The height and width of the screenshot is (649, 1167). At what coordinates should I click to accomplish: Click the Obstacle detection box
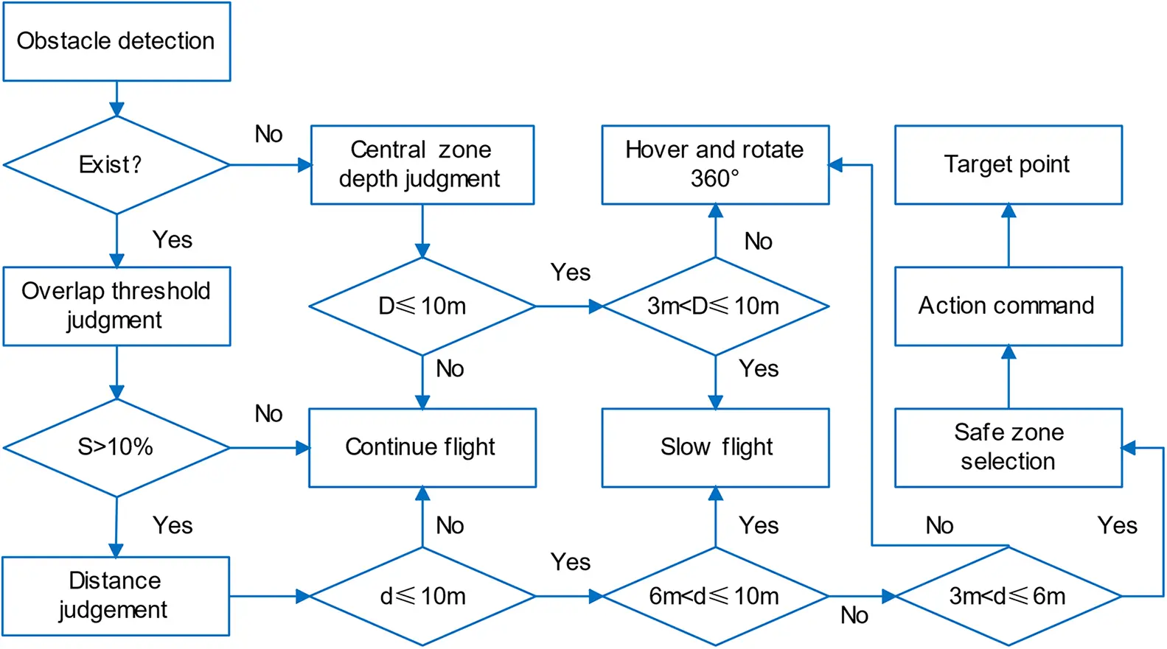(116, 41)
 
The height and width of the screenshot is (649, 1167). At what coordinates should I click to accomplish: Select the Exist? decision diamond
(116, 165)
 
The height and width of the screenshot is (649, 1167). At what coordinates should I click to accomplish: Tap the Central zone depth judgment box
(422, 164)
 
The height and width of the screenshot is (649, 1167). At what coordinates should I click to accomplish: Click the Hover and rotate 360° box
(714, 164)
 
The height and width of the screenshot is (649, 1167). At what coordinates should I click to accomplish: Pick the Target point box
(1008, 164)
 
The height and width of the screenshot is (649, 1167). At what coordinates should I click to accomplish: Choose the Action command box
(1008, 306)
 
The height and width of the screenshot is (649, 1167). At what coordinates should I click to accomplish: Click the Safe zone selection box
(1008, 447)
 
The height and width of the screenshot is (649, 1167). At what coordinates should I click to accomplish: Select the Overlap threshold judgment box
(116, 306)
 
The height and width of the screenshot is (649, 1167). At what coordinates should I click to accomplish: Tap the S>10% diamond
(116, 447)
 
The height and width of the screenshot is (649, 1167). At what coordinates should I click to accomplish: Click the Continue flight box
(422, 447)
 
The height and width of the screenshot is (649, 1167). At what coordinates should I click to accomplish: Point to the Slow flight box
(714, 447)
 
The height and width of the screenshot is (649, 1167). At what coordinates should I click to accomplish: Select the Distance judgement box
(116, 595)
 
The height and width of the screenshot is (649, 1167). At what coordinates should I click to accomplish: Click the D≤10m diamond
(422, 306)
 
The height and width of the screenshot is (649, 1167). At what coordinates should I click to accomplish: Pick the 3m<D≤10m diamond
(714, 306)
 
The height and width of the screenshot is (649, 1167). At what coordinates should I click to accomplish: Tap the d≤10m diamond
(422, 596)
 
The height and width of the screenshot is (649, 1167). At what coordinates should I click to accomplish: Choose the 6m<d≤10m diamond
(714, 596)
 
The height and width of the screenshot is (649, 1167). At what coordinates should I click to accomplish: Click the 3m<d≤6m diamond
(1008, 596)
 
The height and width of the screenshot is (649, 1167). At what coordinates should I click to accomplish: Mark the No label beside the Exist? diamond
(268, 134)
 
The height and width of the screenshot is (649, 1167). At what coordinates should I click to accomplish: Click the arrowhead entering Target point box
(1009, 211)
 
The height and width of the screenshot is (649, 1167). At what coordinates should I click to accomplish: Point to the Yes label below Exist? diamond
(173, 240)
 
